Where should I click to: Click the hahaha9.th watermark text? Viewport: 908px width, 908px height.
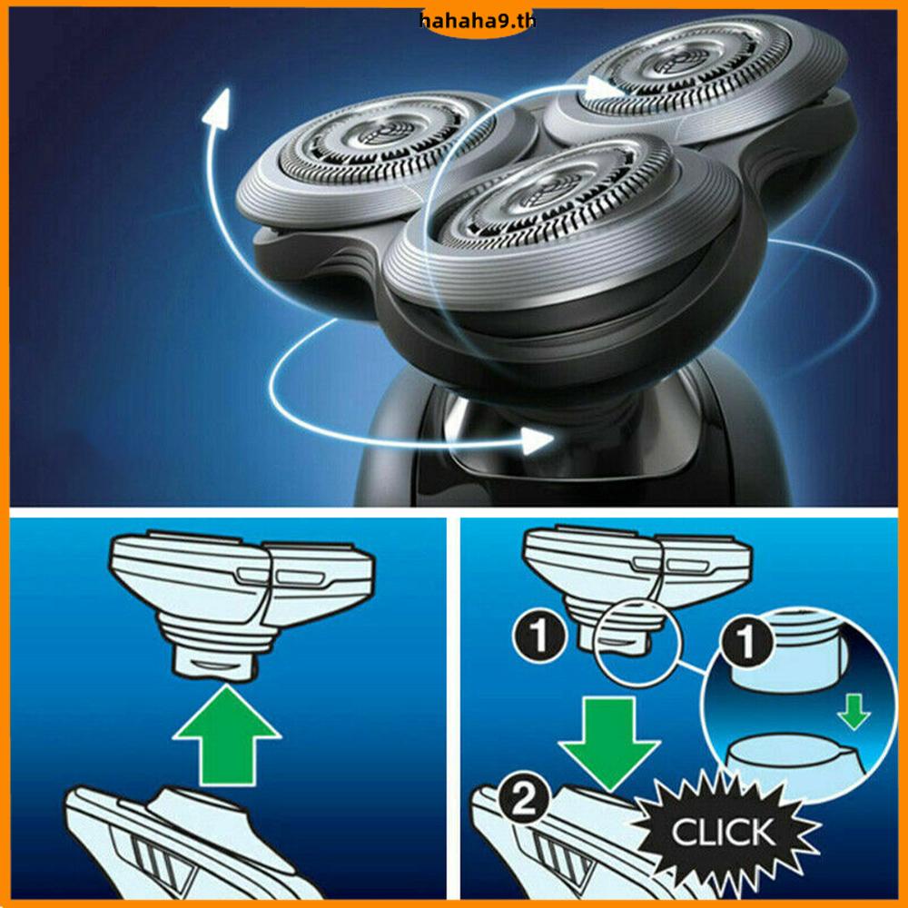[478, 22]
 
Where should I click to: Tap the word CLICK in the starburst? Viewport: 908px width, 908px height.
[723, 832]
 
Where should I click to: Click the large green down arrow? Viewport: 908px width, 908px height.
[610, 743]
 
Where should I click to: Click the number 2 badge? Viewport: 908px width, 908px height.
[524, 802]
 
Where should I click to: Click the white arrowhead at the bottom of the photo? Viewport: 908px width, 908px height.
[536, 441]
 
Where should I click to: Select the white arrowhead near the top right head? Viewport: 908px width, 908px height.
[602, 88]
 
